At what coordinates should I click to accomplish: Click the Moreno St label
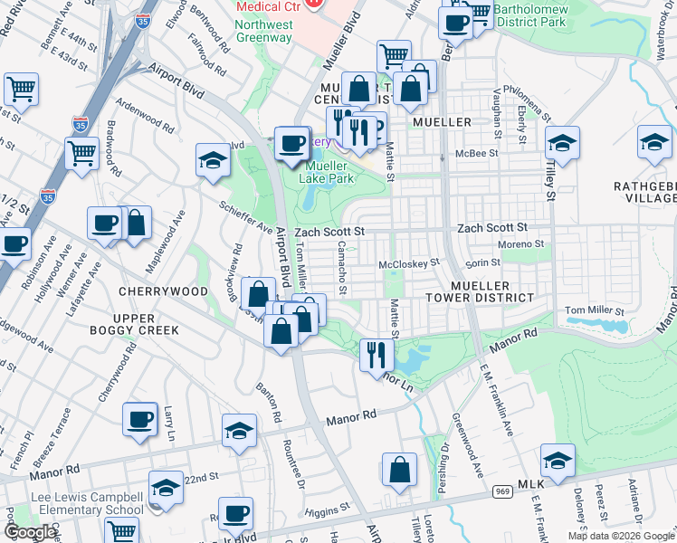tap(525, 243)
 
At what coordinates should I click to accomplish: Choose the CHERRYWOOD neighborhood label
tap(163, 291)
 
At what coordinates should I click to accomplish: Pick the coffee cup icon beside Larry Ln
tap(139, 420)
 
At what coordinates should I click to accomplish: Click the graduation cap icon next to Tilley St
tap(563, 145)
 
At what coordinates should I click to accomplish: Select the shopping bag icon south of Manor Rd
tap(399, 471)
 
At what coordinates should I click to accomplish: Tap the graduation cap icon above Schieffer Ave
tap(213, 161)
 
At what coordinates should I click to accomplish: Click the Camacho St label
tap(341, 267)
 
